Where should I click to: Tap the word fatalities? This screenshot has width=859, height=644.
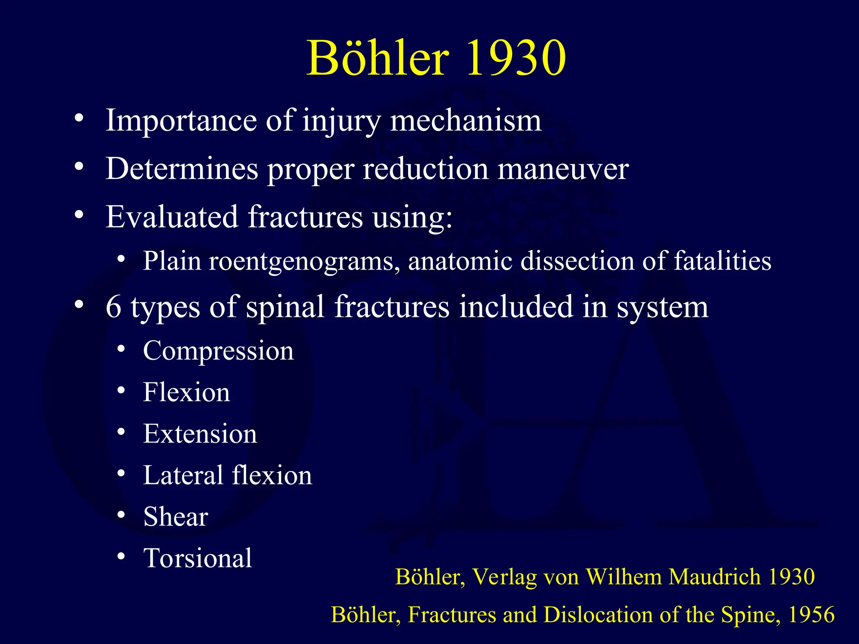tap(722, 261)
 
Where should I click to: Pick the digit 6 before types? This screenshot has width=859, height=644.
tap(113, 307)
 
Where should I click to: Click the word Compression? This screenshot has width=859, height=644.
tap(218, 351)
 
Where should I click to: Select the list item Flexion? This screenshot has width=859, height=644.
tap(187, 392)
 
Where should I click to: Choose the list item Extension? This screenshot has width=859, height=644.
tap(200, 434)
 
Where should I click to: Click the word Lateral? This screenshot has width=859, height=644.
tap(183, 475)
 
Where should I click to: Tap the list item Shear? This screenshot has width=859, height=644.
tap(176, 517)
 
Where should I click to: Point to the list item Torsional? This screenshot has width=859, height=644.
tap(198, 558)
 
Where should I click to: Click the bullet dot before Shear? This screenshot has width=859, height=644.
tap(121, 514)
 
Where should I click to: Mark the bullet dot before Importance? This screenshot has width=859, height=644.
tap(78, 119)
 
